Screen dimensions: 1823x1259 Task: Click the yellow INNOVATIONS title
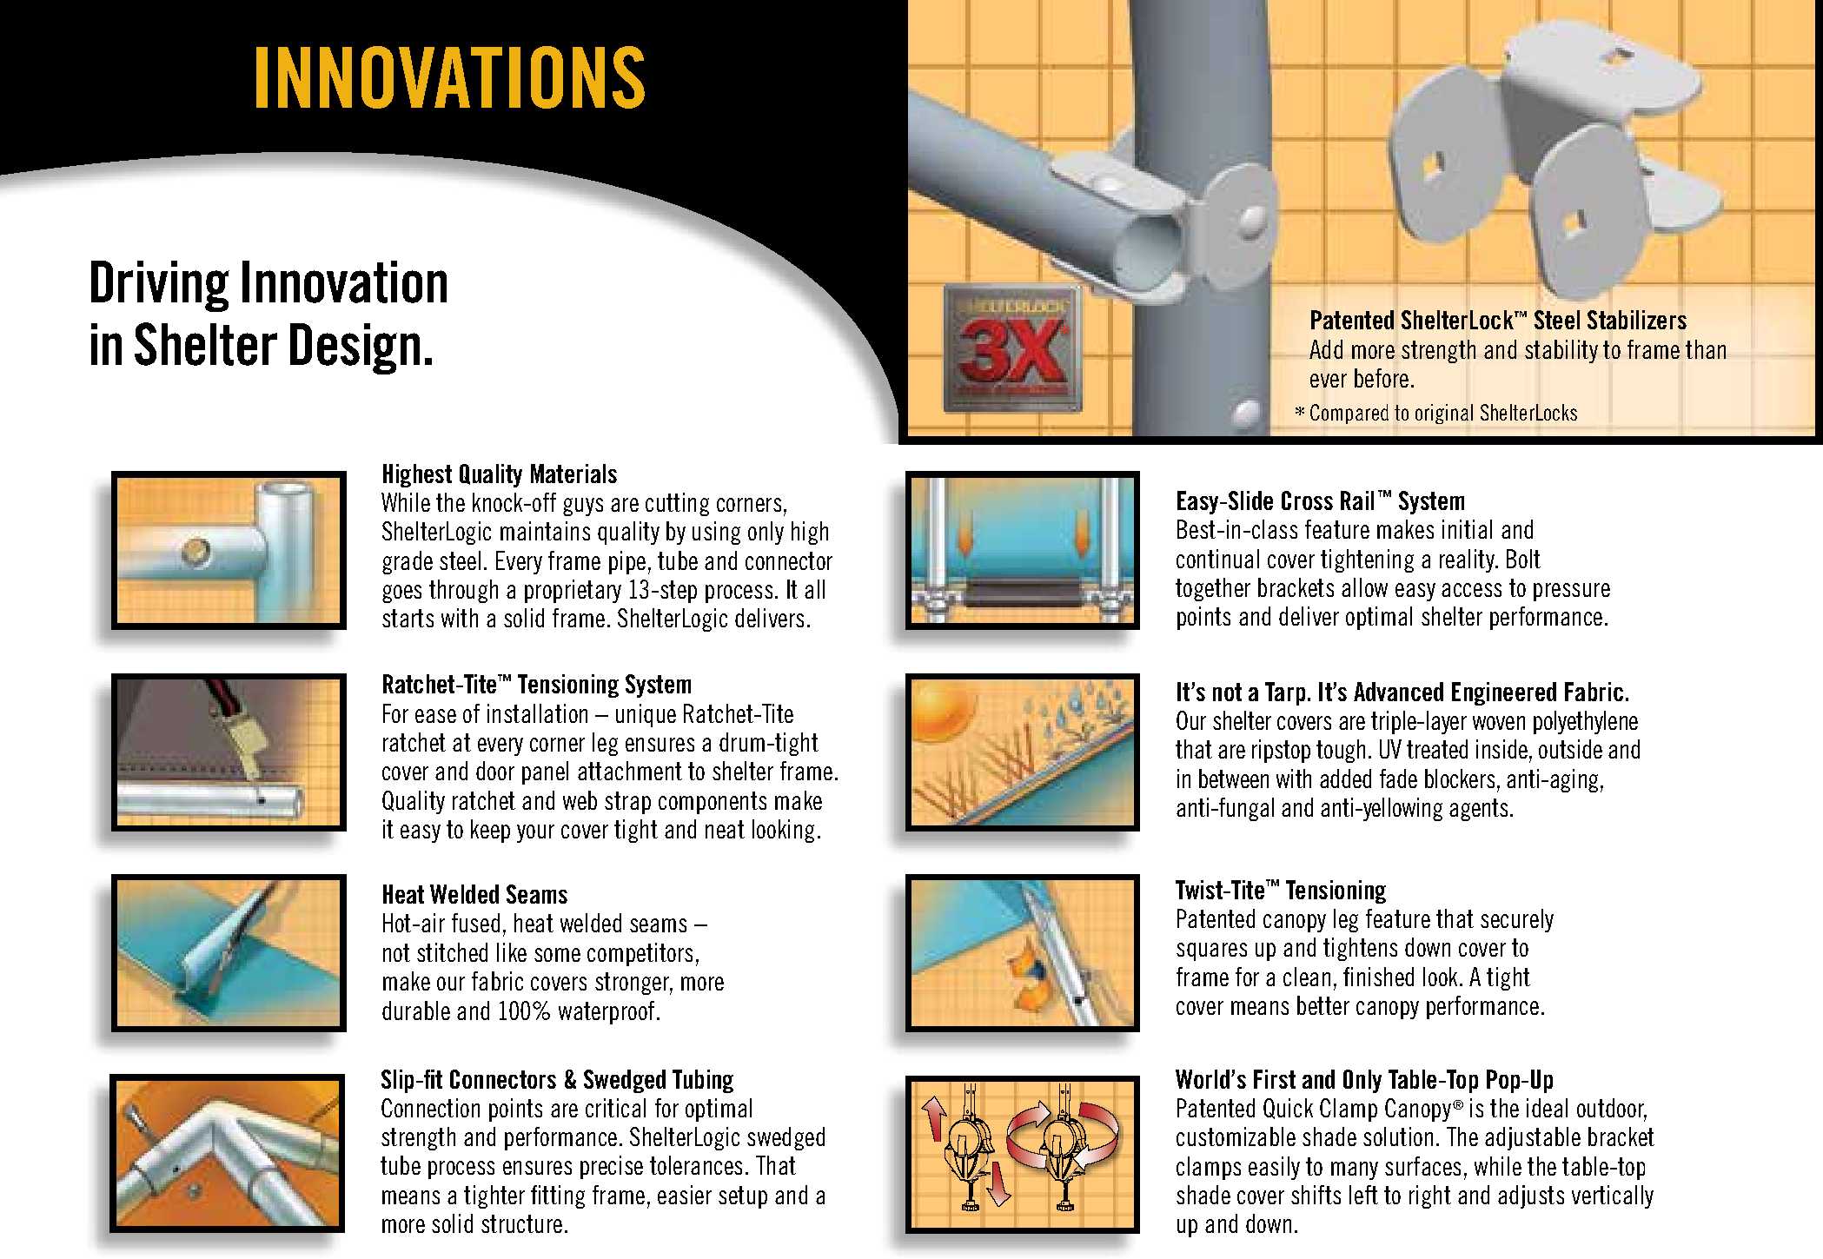click(449, 78)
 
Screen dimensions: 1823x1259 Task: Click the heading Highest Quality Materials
click(500, 474)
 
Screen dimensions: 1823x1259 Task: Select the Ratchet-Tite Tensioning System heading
click(537, 685)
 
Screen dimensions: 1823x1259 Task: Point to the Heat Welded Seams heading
click(474, 895)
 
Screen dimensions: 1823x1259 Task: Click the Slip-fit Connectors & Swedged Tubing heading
click(557, 1080)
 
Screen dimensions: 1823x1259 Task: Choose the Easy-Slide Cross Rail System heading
click(1320, 501)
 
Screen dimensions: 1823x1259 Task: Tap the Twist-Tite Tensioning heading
click(1281, 891)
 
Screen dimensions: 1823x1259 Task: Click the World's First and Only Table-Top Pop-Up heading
click(1364, 1080)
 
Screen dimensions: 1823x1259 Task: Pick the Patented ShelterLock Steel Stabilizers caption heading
click(1498, 321)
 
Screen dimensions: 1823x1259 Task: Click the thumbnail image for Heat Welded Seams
click(229, 952)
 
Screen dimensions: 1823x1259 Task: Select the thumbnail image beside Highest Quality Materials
click(229, 550)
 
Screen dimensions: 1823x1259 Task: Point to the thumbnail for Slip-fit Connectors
click(228, 1154)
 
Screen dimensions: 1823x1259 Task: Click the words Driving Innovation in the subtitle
click(268, 283)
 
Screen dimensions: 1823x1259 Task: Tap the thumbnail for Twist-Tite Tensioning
click(1022, 952)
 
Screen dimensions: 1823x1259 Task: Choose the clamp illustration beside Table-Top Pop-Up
click(1022, 1154)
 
